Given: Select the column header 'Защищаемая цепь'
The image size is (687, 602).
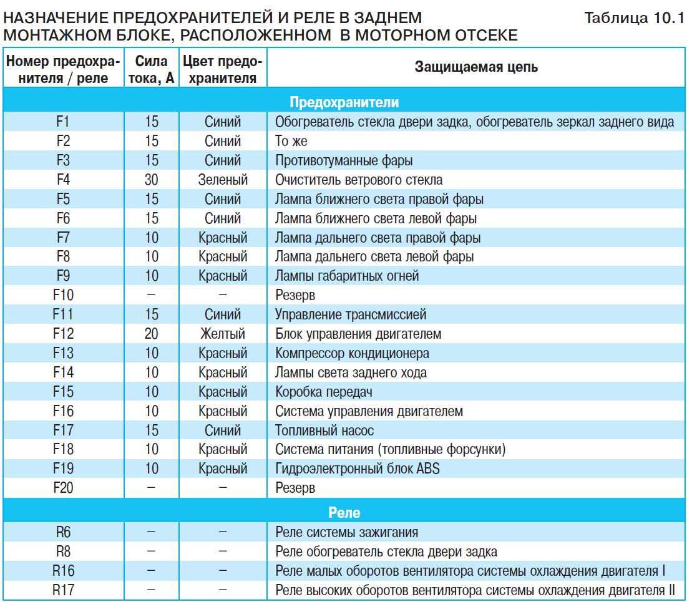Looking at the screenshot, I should (x=476, y=67).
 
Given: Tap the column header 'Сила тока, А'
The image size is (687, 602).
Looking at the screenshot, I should (x=152, y=69).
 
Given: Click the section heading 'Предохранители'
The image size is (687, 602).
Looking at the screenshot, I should (x=344, y=102).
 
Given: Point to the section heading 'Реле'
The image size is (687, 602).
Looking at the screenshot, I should (x=344, y=512).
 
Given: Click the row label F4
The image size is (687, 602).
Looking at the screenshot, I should (x=63, y=180).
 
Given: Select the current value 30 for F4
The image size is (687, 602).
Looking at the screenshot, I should (x=152, y=180).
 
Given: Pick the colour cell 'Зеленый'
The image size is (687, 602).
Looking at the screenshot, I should (x=223, y=180).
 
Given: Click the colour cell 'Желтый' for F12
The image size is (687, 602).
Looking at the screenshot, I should (x=223, y=334).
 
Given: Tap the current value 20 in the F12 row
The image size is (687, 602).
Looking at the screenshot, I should (x=152, y=334).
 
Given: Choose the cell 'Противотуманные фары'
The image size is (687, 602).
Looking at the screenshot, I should (x=344, y=160).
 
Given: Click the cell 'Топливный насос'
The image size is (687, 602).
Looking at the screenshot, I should (x=324, y=430).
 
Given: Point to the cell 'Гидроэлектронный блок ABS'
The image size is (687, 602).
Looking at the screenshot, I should (x=357, y=468).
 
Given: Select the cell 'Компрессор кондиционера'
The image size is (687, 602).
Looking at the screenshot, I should (x=352, y=353).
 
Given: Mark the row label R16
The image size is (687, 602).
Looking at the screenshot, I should (x=63, y=571).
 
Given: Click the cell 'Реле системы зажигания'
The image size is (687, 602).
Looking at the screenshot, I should (x=346, y=532).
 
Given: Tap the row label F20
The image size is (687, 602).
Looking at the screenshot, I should (x=63, y=488).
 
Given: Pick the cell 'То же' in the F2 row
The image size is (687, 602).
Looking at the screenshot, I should (x=291, y=141).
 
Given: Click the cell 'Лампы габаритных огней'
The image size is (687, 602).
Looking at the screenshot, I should (x=347, y=276).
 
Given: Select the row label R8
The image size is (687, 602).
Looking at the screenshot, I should (x=63, y=551).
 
